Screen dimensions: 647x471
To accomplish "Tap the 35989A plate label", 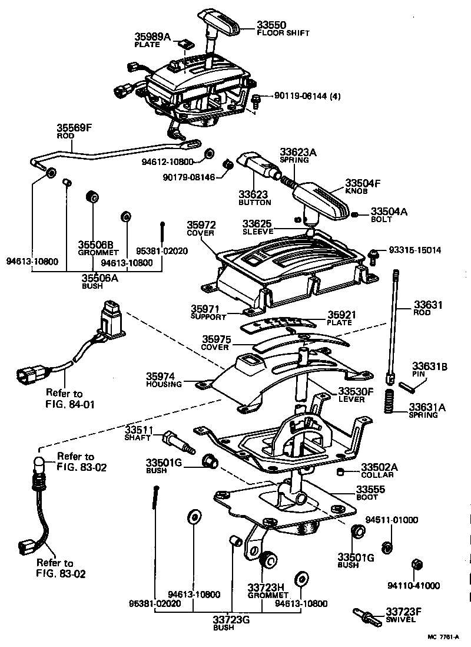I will (152, 37).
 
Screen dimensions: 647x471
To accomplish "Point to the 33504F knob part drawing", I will (321, 200).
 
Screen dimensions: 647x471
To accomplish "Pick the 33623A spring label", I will (298, 152).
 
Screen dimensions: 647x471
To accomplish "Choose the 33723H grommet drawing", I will (269, 559).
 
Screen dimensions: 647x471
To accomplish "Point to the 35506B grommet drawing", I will (92, 197).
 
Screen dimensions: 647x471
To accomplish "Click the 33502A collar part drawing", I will (341, 471).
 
